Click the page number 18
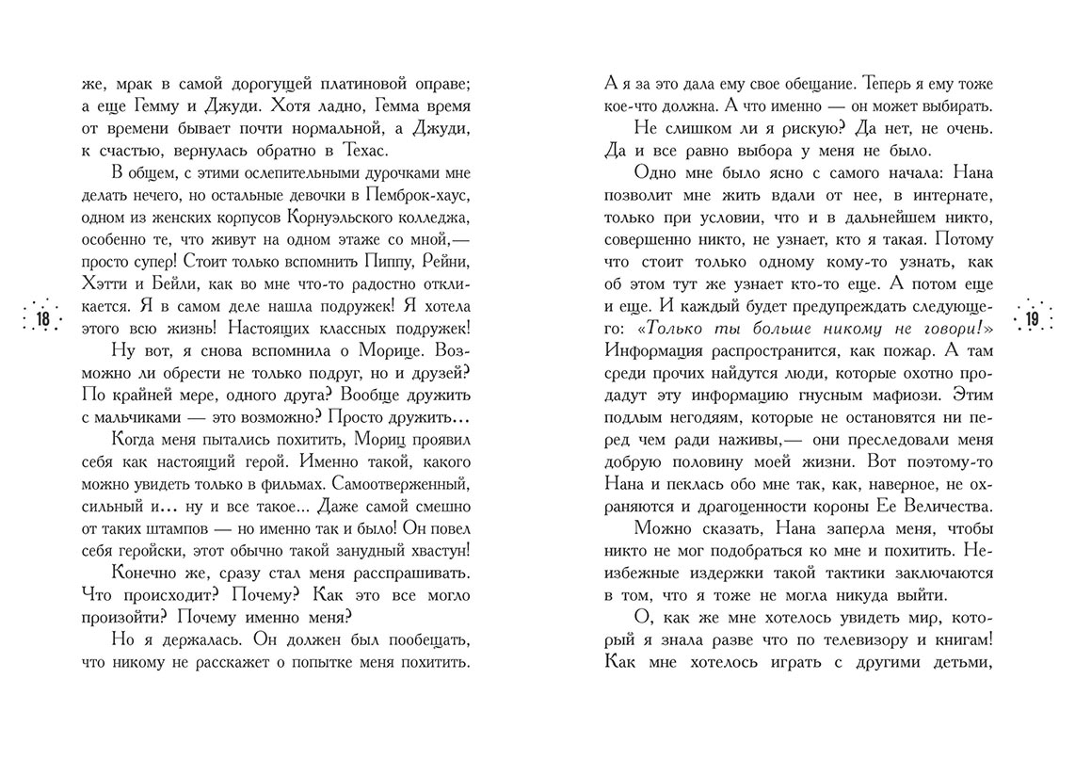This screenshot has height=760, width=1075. (42, 319)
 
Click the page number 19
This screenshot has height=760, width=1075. (1032, 319)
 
